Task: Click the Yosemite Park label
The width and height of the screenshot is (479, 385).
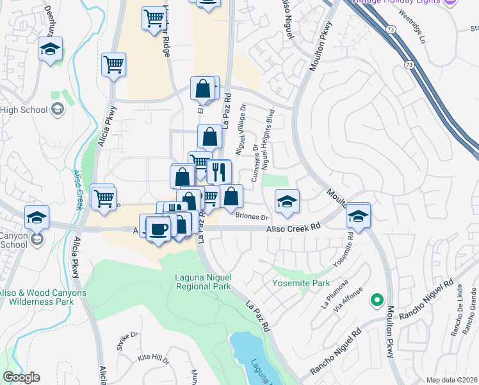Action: tap(301, 283)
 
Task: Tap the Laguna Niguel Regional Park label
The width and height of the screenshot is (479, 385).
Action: tap(203, 282)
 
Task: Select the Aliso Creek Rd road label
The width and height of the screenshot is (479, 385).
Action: tap(294, 228)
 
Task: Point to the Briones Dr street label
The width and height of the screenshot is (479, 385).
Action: tap(251, 217)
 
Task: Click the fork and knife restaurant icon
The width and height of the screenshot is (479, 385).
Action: tap(219, 171)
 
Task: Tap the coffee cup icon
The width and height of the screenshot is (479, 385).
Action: tap(158, 228)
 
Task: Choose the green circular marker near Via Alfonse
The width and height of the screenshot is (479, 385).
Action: tap(377, 299)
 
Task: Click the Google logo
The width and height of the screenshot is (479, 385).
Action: tap(22, 377)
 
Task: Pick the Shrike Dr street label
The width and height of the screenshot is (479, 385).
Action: tap(127, 339)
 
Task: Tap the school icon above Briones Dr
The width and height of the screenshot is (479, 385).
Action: tap(288, 201)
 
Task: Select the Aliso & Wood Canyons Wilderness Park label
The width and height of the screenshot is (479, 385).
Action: tap(43, 298)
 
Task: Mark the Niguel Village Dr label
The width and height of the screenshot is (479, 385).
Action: tap(241, 134)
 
